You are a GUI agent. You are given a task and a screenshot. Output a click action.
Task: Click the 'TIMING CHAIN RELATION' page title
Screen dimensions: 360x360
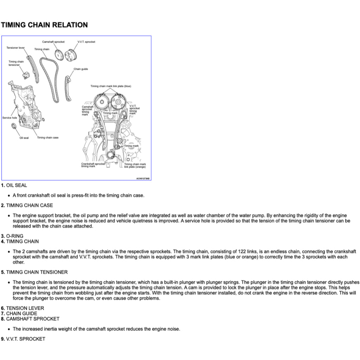point(44,25)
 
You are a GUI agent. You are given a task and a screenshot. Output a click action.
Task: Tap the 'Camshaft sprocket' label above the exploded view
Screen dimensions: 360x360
point(53,42)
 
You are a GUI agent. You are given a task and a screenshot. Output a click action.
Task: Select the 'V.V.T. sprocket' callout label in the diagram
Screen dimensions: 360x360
point(86,42)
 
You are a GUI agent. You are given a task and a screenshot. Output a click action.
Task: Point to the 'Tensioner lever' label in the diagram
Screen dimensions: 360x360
point(15,47)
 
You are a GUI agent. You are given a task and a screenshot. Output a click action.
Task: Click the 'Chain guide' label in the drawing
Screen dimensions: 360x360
point(81,69)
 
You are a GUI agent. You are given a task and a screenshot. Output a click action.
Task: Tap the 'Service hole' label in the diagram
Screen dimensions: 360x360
point(9,118)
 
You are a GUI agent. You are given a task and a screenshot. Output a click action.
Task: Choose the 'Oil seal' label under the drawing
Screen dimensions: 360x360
point(24,137)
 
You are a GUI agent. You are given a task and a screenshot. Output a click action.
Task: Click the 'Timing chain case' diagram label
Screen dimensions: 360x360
point(48,137)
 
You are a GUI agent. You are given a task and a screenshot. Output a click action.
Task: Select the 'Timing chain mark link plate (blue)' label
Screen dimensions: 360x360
point(111,86)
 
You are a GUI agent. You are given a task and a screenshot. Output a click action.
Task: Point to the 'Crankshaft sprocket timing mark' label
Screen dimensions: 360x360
point(93,165)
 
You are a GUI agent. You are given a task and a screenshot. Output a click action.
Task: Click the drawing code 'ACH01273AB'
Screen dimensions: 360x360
point(143,179)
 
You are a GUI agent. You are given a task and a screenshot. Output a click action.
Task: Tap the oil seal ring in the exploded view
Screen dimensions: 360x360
point(14,127)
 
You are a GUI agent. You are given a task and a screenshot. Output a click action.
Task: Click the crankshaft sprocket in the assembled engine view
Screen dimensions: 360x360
point(111,155)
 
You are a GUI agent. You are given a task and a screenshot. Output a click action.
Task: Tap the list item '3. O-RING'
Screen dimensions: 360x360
point(12,236)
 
